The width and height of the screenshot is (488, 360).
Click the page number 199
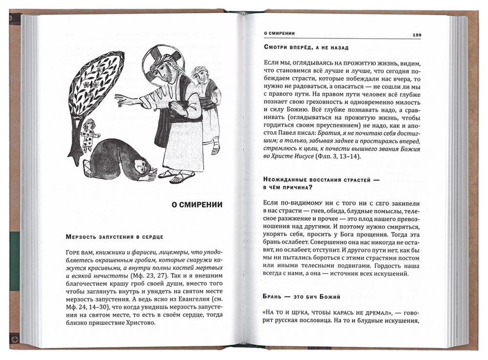point(417,35)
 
